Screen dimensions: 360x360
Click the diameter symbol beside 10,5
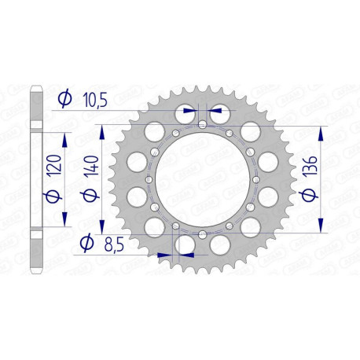click(66, 99)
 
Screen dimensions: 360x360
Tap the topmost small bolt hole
click(202, 125)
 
